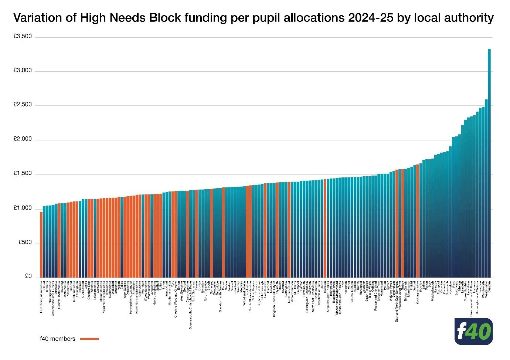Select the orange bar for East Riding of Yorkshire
(x=41, y=244)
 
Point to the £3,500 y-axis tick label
(x=23, y=37)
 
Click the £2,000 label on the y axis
(x=23, y=139)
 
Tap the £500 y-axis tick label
(x=25, y=242)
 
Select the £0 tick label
(x=28, y=276)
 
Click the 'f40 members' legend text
(x=57, y=339)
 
